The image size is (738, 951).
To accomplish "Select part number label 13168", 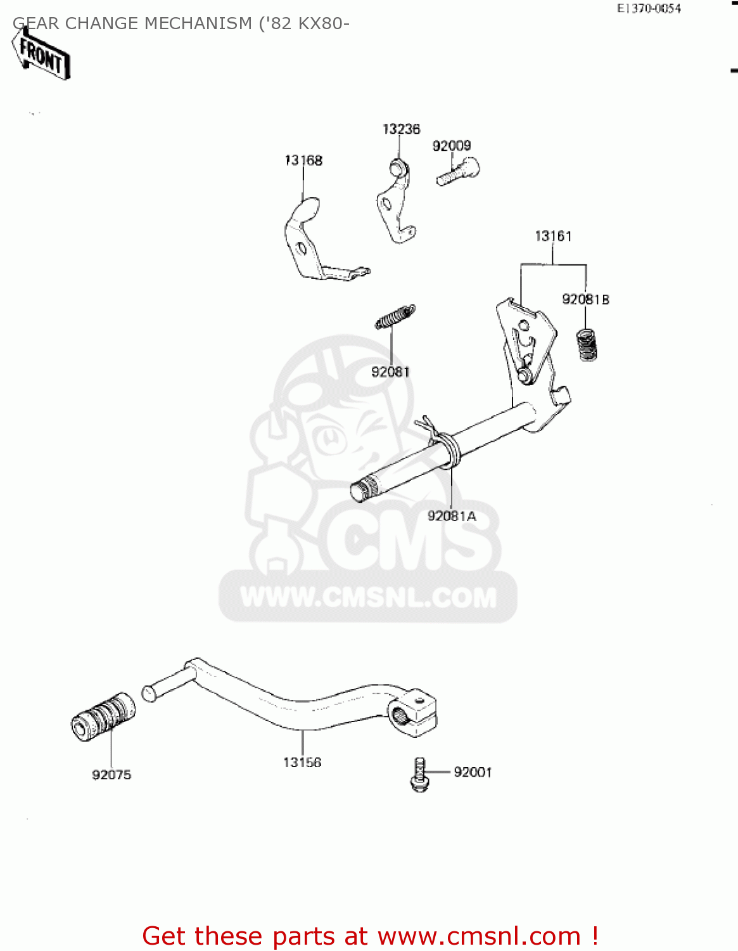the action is click(303, 160).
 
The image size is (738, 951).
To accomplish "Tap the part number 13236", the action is click(401, 129).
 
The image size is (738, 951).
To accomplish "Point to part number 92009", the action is click(452, 146).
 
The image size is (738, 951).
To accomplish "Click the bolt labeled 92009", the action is click(458, 171).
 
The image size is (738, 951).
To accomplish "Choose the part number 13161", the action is click(553, 236).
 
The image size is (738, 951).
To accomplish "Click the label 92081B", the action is click(585, 299).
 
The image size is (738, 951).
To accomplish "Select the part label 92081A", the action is click(452, 516).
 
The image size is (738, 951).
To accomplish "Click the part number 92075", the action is click(111, 775).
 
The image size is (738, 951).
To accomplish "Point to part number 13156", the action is click(302, 762).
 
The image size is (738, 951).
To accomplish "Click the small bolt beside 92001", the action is click(419, 774).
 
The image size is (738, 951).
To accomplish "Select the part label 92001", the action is click(473, 772).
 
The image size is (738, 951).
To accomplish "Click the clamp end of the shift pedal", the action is click(415, 713).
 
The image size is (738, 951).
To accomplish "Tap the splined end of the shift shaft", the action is click(363, 490).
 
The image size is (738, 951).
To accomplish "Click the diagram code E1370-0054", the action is click(649, 9).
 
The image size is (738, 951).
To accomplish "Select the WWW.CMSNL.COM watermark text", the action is click(368, 597).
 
